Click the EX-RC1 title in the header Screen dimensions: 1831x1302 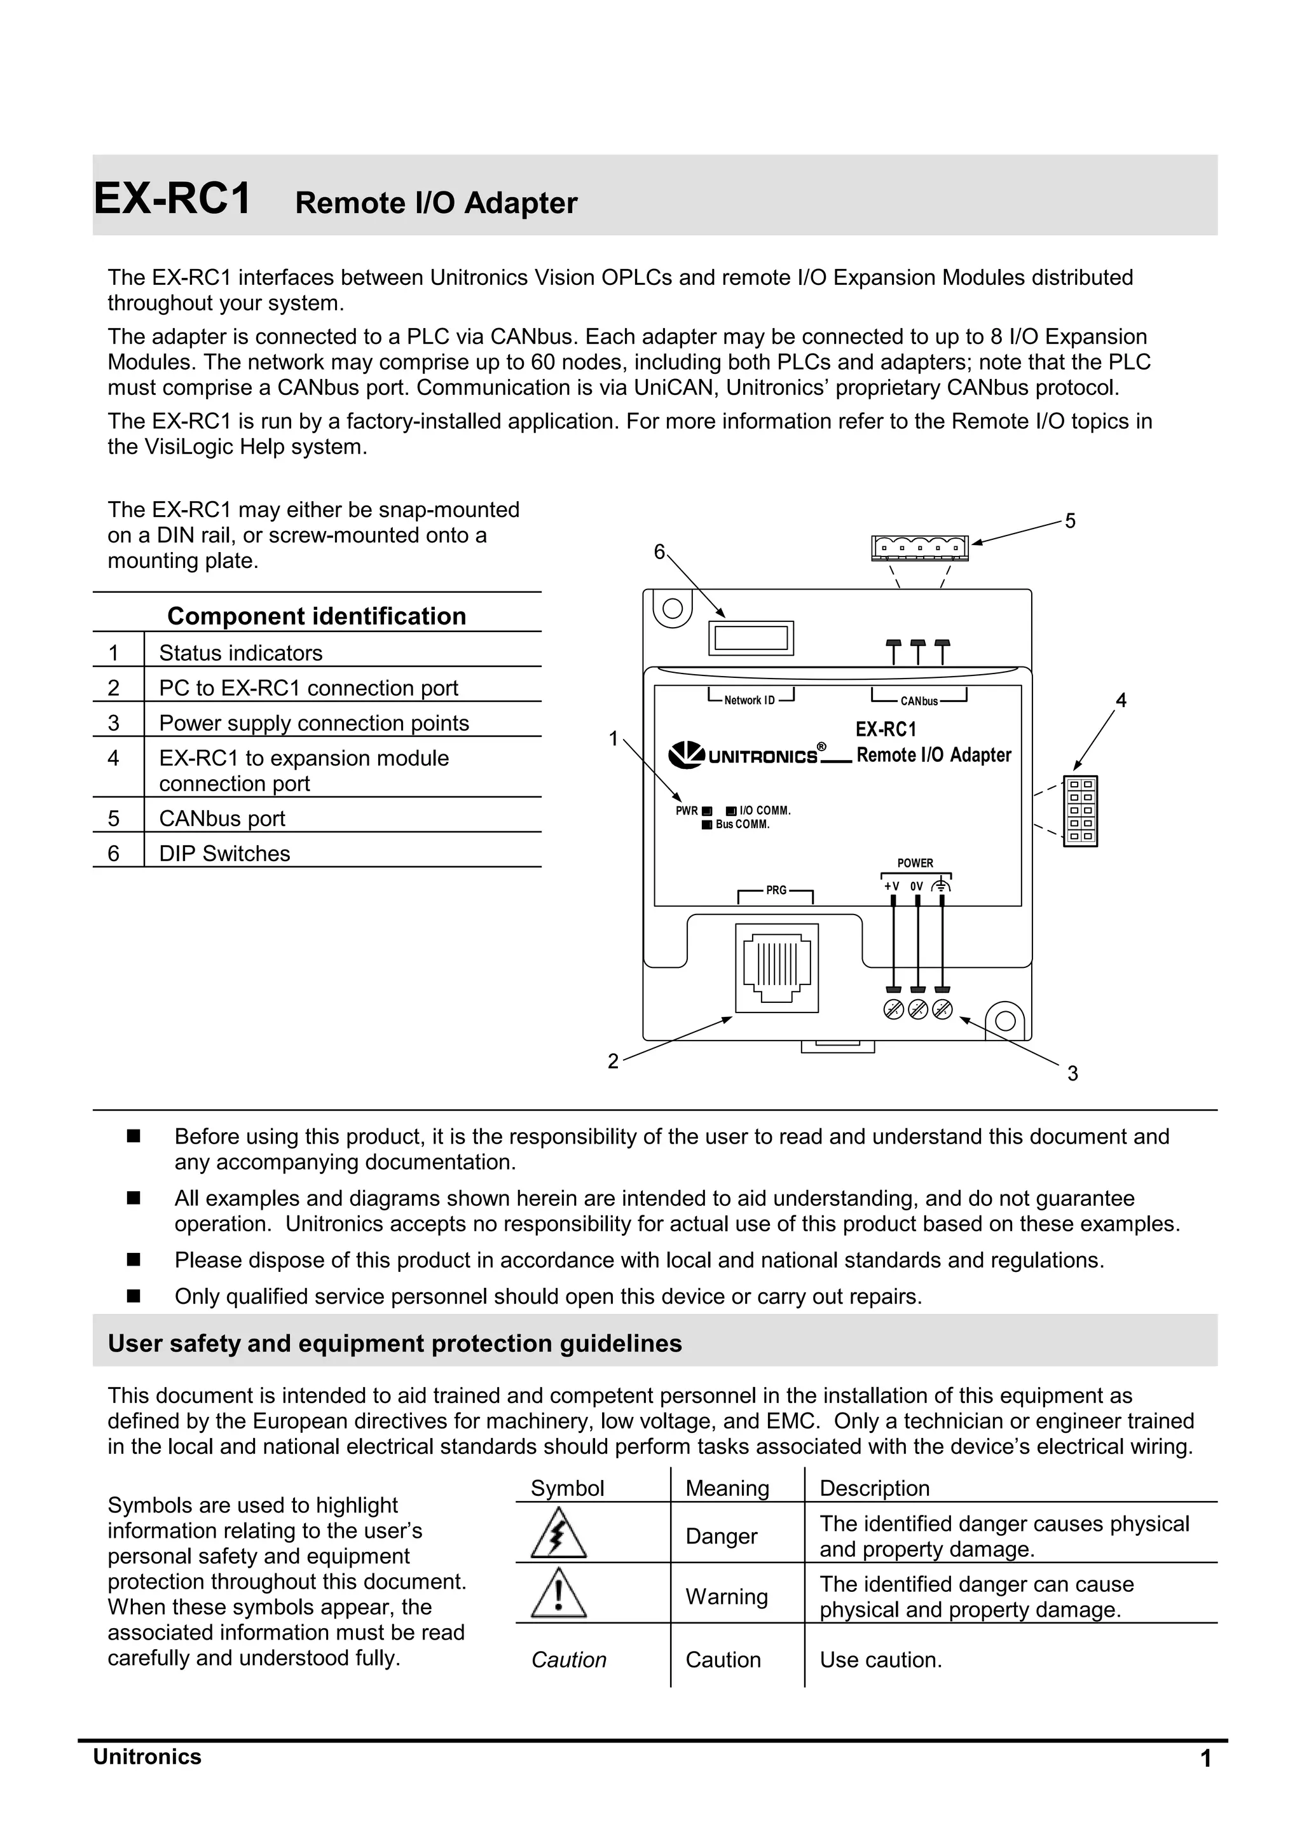point(172,199)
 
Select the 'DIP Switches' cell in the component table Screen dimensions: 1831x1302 point(224,853)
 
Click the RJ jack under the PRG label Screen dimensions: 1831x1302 point(776,967)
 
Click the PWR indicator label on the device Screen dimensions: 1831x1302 point(686,811)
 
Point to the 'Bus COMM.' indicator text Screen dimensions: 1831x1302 point(742,824)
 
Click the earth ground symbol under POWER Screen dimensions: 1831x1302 point(942,886)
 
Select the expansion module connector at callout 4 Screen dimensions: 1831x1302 point(1080,811)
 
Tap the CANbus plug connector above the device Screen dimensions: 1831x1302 point(919,548)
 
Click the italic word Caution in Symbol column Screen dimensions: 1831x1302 point(568,1660)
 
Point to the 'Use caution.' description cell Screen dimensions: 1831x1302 point(881,1660)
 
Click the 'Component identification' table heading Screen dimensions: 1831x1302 point(317,616)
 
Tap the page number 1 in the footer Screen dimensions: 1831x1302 point(1205,1760)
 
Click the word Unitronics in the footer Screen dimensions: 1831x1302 point(147,1757)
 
